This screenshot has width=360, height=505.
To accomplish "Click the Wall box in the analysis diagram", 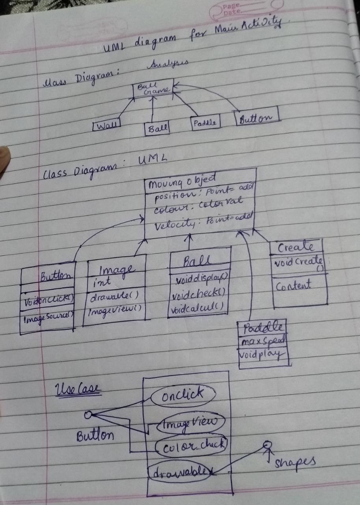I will pos(106,126).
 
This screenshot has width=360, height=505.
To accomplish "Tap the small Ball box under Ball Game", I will pos(157,129).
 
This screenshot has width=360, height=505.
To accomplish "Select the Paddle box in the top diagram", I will pos(205,123).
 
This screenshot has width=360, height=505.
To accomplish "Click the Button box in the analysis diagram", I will pos(257,118).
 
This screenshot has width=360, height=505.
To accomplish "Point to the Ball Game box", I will pos(153,89).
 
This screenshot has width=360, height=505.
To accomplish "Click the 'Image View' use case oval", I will pos(191,424).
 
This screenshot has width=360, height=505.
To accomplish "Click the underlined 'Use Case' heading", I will pos(78,390).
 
